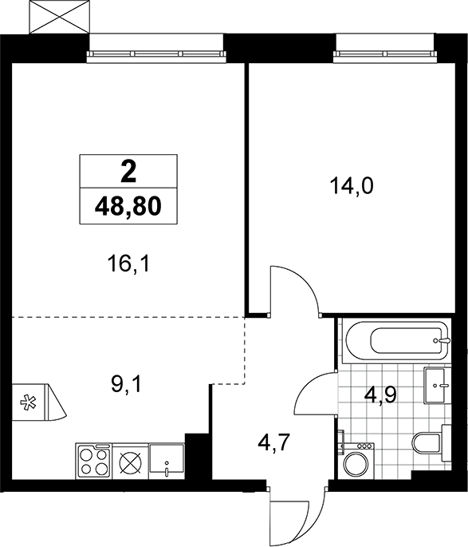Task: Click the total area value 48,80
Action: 128,206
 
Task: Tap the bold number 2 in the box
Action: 128,172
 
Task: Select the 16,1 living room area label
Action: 128,264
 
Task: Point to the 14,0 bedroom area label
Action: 352,186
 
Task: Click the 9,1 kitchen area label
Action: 126,385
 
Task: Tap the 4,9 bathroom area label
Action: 380,394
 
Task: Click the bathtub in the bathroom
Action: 396,340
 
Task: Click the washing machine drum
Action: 356,464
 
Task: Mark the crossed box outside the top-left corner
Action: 57,17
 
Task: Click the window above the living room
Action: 157,54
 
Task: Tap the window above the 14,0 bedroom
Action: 385,54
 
